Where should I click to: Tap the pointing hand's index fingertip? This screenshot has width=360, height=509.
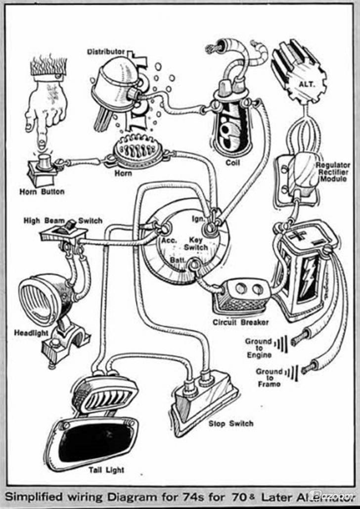tap(41, 144)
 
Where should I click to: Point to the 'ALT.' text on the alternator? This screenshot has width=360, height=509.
tap(307, 85)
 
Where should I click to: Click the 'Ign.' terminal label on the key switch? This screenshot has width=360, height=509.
tap(198, 218)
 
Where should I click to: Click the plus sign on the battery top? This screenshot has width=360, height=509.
tap(297, 235)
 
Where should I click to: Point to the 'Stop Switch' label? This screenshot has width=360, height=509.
tap(230, 423)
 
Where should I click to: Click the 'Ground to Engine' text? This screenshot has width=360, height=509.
tap(258, 348)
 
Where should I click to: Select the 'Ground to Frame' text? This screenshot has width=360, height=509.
tap(269, 377)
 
